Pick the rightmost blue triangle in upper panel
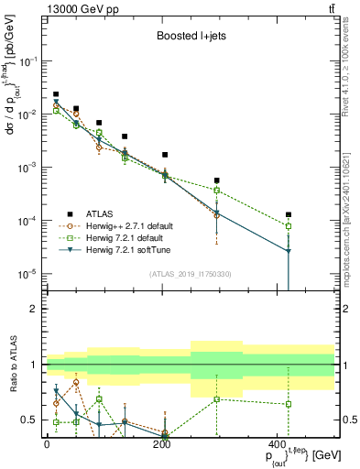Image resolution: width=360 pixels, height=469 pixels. [289, 250]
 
